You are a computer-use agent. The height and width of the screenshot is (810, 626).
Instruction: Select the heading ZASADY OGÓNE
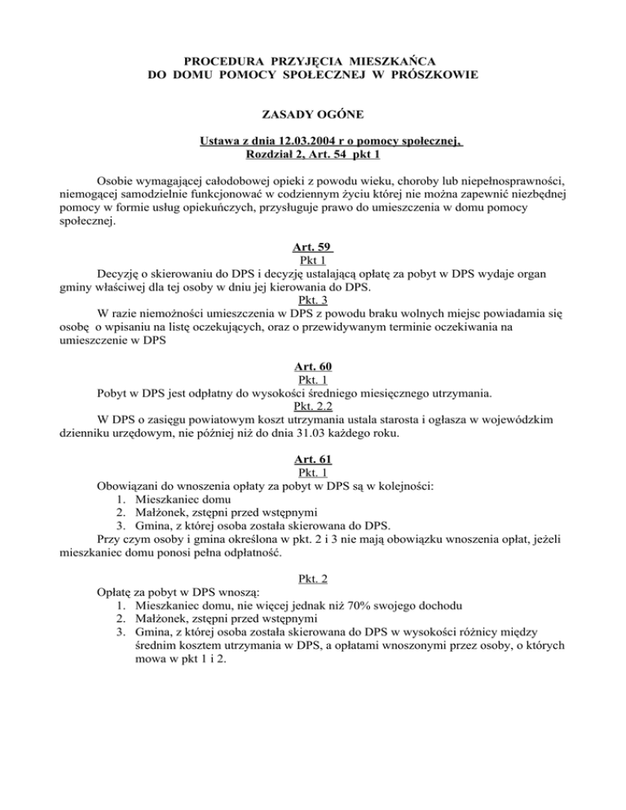pos(312,117)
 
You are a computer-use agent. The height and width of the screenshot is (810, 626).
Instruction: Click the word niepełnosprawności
pos(496,180)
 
